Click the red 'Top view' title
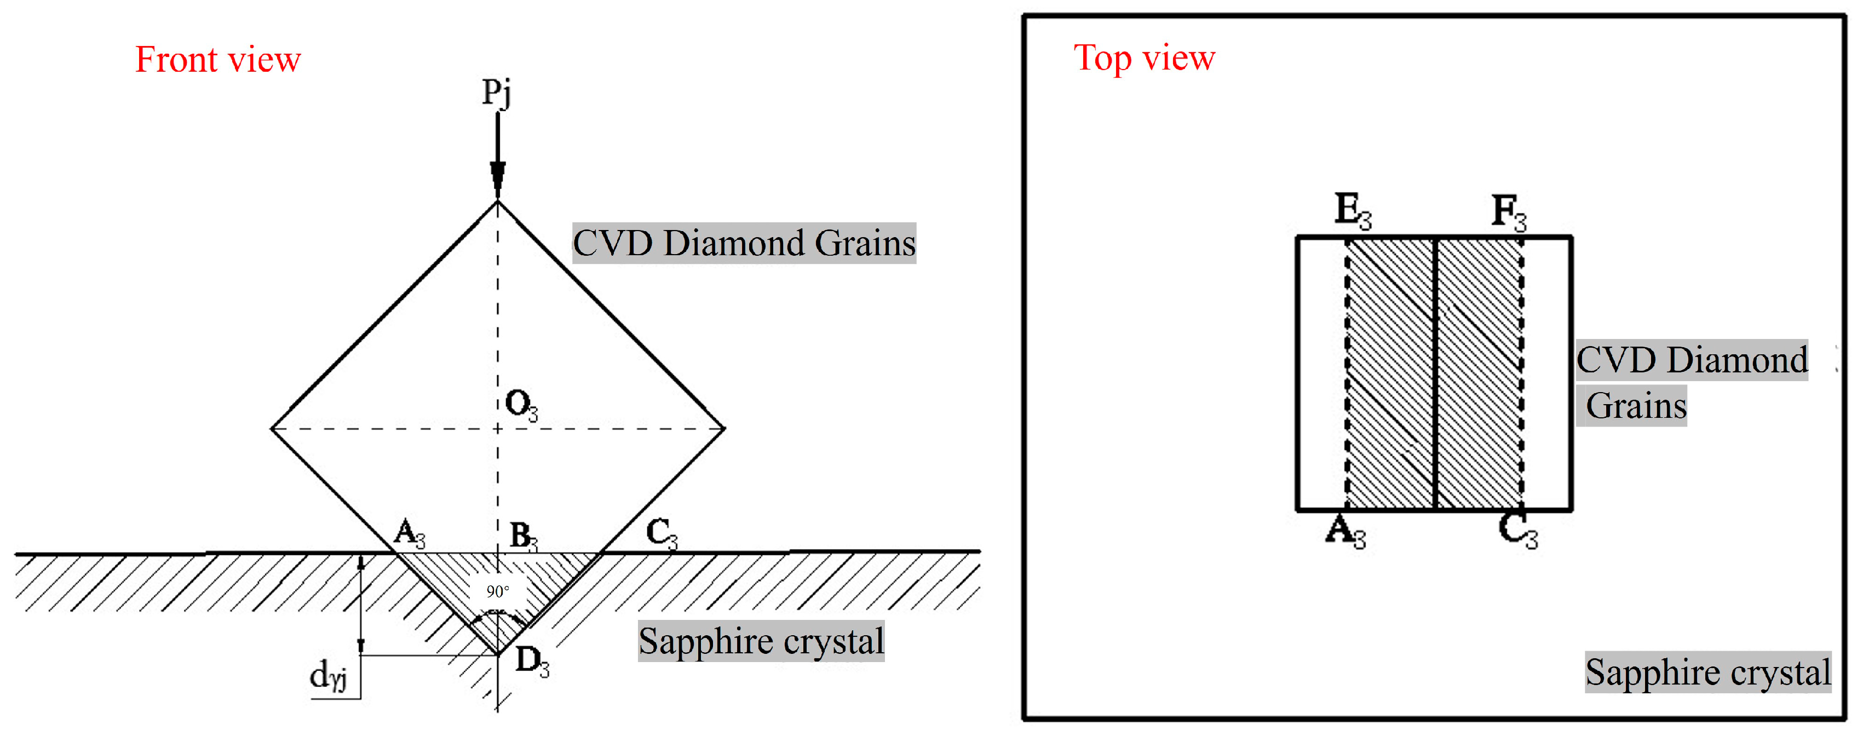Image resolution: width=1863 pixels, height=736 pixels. [1144, 58]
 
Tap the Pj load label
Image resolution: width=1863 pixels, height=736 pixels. [497, 93]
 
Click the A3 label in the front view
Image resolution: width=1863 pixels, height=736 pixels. [409, 533]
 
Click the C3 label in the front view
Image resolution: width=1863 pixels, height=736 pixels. [661, 533]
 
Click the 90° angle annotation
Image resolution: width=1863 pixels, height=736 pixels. [498, 591]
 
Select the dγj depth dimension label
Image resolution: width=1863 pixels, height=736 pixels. [327, 676]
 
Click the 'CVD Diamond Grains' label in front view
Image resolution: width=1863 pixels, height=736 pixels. [744, 243]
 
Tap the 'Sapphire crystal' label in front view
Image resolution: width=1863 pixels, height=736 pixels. [761, 641]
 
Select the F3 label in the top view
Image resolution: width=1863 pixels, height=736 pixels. [1509, 212]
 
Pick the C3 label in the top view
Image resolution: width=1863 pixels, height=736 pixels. [1517, 531]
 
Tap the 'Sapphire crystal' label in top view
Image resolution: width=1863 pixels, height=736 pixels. [1707, 672]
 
